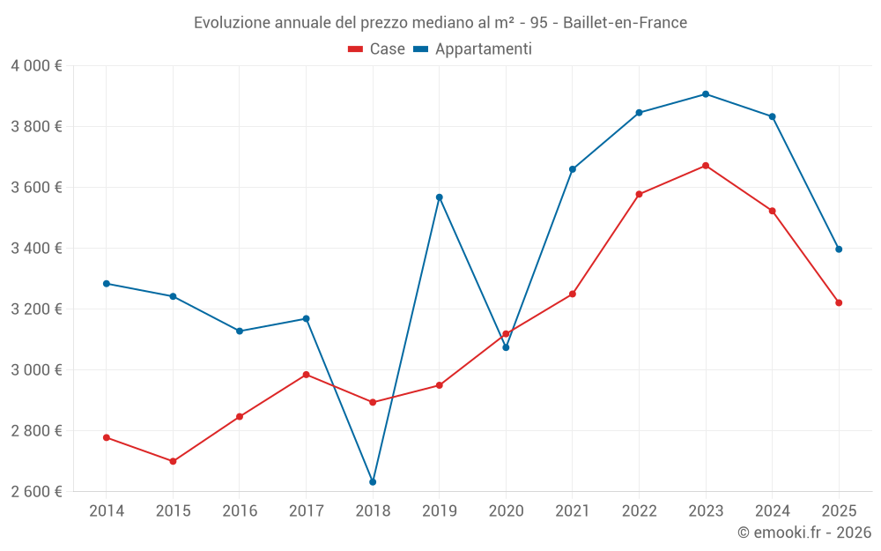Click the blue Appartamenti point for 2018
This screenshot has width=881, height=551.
[373, 482]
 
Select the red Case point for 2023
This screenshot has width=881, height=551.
[706, 166]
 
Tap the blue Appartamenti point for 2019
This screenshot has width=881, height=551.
[440, 197]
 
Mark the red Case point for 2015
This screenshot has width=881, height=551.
[173, 461]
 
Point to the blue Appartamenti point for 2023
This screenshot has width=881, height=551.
[706, 94]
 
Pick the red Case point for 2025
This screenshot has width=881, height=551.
[839, 303]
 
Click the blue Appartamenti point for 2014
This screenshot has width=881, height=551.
[107, 284]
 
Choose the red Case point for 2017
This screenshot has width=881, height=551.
[307, 375]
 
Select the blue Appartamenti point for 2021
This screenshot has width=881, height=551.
[573, 169]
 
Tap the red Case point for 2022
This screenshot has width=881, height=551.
[639, 194]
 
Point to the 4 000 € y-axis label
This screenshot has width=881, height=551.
[36, 66]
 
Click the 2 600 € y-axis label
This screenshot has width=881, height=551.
[36, 492]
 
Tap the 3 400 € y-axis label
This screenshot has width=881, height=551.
[36, 249]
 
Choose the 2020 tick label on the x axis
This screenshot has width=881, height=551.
[506, 511]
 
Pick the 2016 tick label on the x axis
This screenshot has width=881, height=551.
[240, 511]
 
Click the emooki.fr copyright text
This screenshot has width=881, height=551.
[804, 532]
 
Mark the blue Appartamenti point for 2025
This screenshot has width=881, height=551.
[839, 249]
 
